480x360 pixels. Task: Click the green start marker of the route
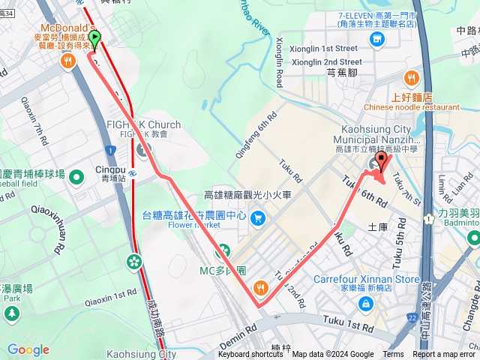tap(94, 37)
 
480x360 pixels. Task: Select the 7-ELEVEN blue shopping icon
tap(377, 39)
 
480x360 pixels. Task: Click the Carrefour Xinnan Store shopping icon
tap(366, 304)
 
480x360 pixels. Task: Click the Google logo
tap(28, 349)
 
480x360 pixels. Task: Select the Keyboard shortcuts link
tap(250, 355)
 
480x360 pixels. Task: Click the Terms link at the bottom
tap(393, 355)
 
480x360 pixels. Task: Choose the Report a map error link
tap(443, 355)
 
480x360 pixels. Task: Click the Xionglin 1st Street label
tap(326, 48)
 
